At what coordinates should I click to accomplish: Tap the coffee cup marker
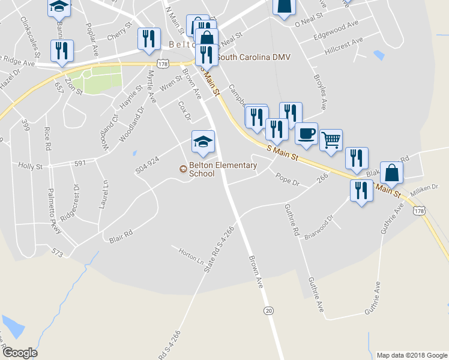pos(306,134)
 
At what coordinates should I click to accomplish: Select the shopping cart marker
pos(331,140)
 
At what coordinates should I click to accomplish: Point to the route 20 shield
pos(268,310)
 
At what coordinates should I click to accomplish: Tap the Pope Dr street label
pos(287,178)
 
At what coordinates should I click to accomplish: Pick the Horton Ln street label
pos(191,254)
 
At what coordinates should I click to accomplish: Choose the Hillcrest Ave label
pos(344,46)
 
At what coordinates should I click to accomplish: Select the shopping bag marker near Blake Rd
pos(391,173)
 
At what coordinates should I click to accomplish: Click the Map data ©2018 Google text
pos(411,355)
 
